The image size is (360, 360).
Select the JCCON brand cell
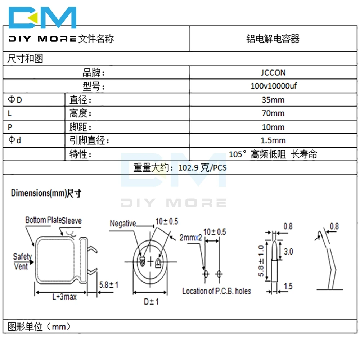click(273, 72)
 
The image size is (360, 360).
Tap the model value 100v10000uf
click(273, 86)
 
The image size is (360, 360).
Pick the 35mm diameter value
click(273, 100)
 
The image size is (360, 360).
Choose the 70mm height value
click(273, 113)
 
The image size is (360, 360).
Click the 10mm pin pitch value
click(273, 127)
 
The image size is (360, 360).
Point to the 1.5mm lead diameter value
click(273, 140)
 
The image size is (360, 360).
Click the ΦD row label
click(15, 100)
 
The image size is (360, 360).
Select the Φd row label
click(15, 140)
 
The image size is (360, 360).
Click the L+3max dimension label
click(64, 297)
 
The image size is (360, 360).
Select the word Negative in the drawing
click(123, 224)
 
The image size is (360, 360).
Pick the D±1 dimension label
click(152, 302)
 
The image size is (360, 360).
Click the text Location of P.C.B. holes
click(216, 291)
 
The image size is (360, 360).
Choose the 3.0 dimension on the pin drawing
click(288, 251)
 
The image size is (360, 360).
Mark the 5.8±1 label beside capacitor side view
click(109, 285)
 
